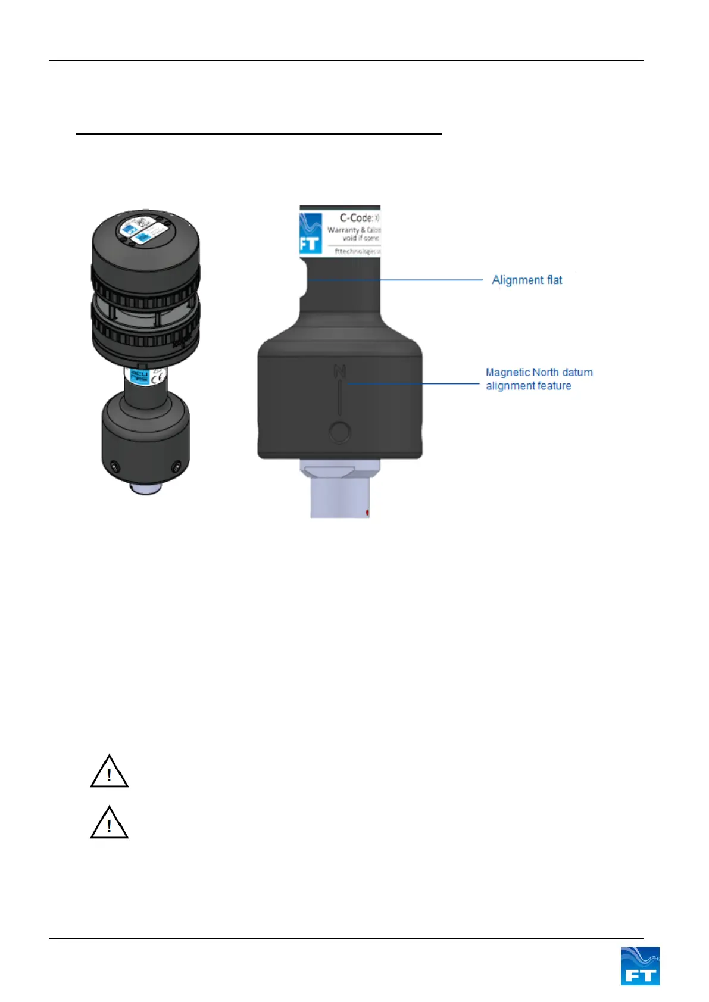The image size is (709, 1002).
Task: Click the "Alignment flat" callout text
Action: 527,280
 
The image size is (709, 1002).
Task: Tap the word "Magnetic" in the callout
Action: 507,372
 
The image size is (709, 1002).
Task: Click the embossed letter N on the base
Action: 339,372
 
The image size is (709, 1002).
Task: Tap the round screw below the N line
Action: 339,432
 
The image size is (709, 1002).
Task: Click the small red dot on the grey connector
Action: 368,511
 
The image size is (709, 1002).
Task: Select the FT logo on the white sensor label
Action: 310,233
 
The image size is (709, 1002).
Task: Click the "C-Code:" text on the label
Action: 356,218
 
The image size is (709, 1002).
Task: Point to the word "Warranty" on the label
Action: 343,230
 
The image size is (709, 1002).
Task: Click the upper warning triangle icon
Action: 109,772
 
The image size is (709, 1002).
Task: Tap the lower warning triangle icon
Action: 109,823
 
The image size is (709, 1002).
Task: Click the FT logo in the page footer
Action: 640,966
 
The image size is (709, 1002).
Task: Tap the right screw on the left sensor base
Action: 176,465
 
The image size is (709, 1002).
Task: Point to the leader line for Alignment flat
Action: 417,279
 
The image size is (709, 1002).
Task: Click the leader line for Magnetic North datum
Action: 417,384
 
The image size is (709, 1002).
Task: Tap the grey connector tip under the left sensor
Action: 146,489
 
